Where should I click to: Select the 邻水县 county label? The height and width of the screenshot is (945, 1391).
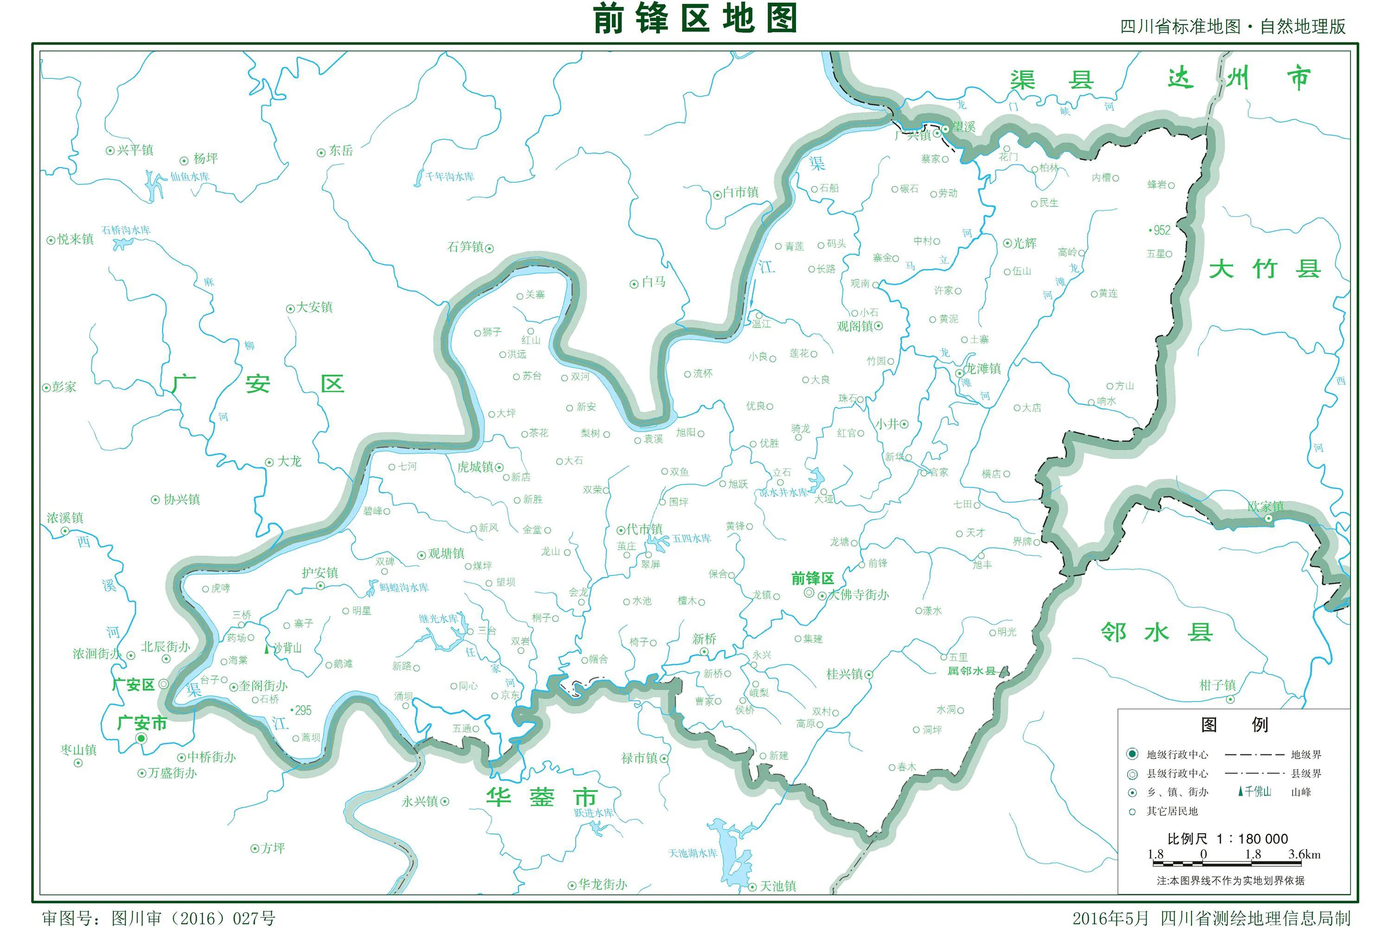(x=1156, y=632)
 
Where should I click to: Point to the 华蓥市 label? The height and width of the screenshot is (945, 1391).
(x=542, y=797)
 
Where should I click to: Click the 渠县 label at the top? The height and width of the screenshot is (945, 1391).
(x=1052, y=80)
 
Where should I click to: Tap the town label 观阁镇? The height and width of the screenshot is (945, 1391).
(x=855, y=326)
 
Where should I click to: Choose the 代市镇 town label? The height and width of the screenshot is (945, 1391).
(x=644, y=529)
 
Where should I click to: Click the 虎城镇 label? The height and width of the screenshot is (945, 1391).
(x=475, y=467)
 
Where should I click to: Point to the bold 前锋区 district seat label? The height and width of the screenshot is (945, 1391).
(x=812, y=578)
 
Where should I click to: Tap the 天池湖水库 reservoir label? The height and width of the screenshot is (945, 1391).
(x=693, y=853)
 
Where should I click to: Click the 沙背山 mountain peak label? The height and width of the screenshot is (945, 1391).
(x=287, y=648)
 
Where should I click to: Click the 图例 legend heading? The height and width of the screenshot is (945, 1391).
(x=1233, y=725)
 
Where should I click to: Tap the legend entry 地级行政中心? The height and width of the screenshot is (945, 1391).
(x=1177, y=755)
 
